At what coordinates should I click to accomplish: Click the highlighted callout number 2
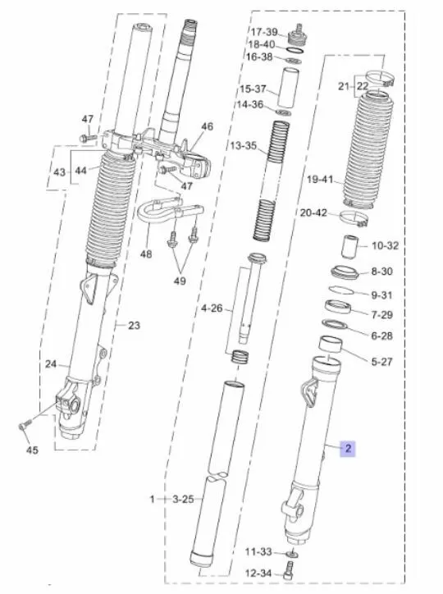pos(348,448)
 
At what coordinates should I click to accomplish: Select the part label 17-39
pos(263,32)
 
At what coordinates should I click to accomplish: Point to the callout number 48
pos(146,254)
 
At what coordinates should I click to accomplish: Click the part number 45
pos(32,450)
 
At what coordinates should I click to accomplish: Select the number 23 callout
pos(134,326)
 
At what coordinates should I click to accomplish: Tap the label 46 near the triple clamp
pos(207,126)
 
